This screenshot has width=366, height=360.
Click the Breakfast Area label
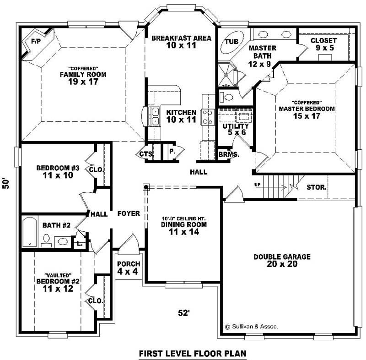click(181, 38)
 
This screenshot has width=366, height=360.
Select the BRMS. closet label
click(229, 155)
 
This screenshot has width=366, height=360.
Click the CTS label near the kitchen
click(146, 154)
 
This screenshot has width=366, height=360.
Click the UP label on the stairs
click(258, 185)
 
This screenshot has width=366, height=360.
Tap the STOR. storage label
click(316, 187)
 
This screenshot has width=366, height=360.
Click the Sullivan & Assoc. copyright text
click(251, 327)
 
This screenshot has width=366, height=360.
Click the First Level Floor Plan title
click(192, 353)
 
